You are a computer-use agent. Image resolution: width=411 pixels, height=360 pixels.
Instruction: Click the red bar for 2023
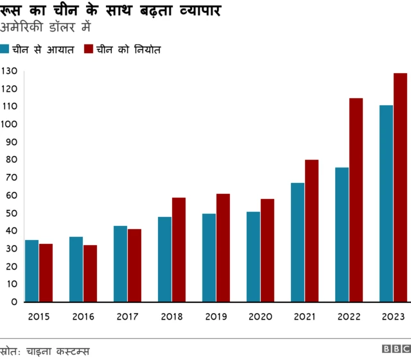click(x=400, y=187)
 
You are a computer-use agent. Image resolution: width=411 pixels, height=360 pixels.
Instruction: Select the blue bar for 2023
click(x=386, y=203)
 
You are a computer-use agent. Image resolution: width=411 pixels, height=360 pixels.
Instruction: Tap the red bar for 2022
click(x=356, y=200)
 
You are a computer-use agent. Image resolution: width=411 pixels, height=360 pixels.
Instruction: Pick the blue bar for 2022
click(x=342, y=234)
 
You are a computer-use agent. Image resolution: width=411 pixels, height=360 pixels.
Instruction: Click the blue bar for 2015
click(x=31, y=271)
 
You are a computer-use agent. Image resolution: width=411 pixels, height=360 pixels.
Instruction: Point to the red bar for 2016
click(x=90, y=273)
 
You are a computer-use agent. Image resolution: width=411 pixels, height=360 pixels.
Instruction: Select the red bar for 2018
click(x=179, y=250)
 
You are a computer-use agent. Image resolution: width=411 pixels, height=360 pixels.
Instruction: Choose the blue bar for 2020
click(x=253, y=257)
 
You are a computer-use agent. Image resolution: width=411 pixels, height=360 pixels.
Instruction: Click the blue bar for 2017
click(x=120, y=264)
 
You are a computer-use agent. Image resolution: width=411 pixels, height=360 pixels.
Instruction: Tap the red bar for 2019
click(x=223, y=248)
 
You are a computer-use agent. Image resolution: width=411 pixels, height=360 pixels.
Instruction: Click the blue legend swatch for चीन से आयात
click(x=4, y=49)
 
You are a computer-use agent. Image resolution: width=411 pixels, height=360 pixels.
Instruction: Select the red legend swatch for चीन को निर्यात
click(x=89, y=49)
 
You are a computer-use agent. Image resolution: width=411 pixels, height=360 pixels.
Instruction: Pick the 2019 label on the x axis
click(x=216, y=316)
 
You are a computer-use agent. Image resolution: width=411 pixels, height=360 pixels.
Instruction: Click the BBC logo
click(x=396, y=349)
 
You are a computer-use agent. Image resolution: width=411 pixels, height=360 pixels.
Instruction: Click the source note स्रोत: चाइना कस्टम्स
click(x=45, y=351)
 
